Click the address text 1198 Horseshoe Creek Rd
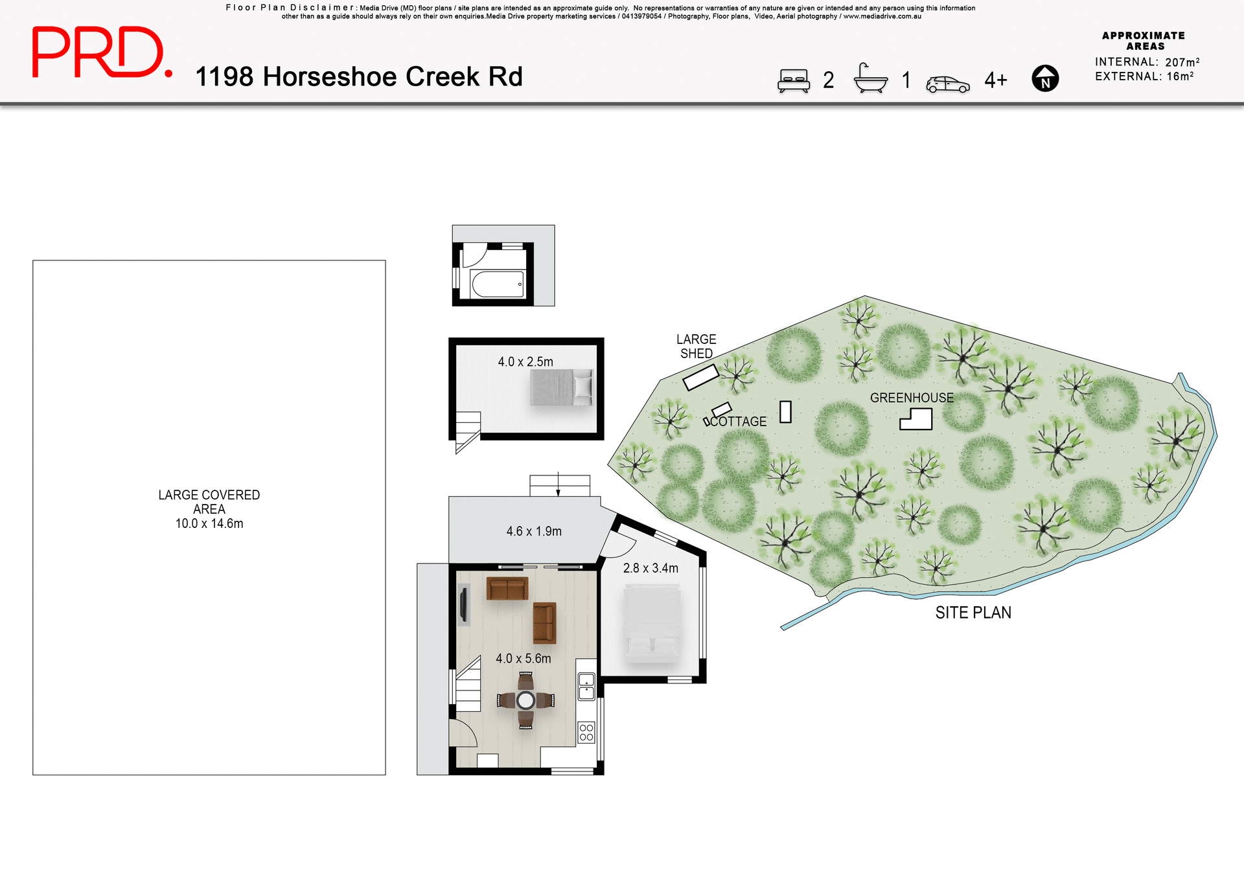pyautogui.click(x=358, y=76)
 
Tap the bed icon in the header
pyautogui.click(x=793, y=80)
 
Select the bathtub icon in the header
pyautogui.click(x=870, y=79)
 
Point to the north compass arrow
pyautogui.click(x=1044, y=78)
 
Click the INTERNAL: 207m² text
pyautogui.click(x=1147, y=62)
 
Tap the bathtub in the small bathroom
pyautogui.click(x=498, y=284)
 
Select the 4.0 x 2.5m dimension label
pyautogui.click(x=525, y=361)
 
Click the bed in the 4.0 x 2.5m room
pyautogui.click(x=561, y=387)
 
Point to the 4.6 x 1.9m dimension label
pyautogui.click(x=533, y=531)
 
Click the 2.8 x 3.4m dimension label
pyautogui.click(x=650, y=568)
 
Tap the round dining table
pyautogui.click(x=525, y=700)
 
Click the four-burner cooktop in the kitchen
pyautogui.click(x=586, y=733)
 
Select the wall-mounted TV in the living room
pyautogui.click(x=463, y=604)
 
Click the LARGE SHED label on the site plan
pyautogui.click(x=696, y=347)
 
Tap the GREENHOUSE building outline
pyautogui.click(x=916, y=420)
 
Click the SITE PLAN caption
pyautogui.click(x=973, y=612)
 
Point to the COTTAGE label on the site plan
pyautogui.click(x=738, y=422)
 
